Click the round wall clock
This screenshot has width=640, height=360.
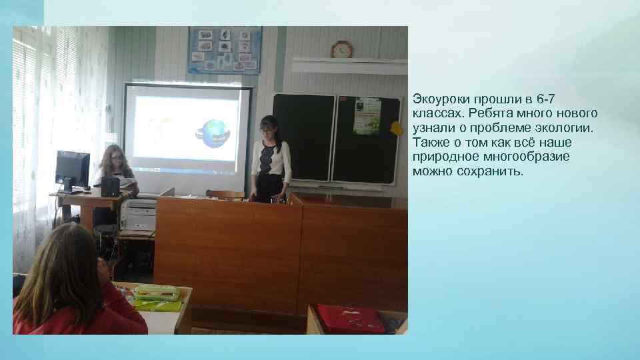(341, 49)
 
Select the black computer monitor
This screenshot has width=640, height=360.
(72, 169)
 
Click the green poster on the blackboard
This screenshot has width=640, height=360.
(366, 116)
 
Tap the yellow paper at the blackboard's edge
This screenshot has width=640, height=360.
(397, 128)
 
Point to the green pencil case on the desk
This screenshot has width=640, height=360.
(157, 293)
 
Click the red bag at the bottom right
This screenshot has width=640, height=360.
(351, 319)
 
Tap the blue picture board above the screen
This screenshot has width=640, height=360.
(224, 50)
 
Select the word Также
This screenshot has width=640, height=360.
(431, 143)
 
